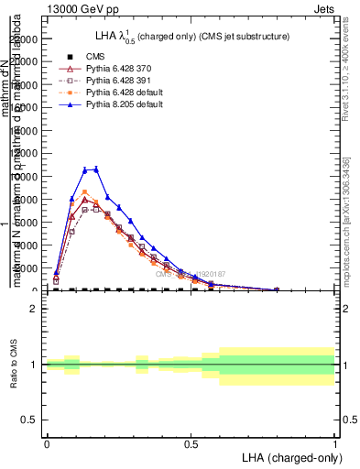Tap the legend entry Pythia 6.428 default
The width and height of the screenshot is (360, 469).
click(x=119, y=93)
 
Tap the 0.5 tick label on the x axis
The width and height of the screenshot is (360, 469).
click(x=191, y=442)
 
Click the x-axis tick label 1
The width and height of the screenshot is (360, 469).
click(x=335, y=442)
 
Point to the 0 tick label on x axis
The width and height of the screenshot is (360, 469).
click(x=47, y=442)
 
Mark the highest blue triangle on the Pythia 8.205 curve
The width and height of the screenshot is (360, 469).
click(x=96, y=169)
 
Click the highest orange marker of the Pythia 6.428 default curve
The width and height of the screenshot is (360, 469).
click(x=84, y=192)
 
